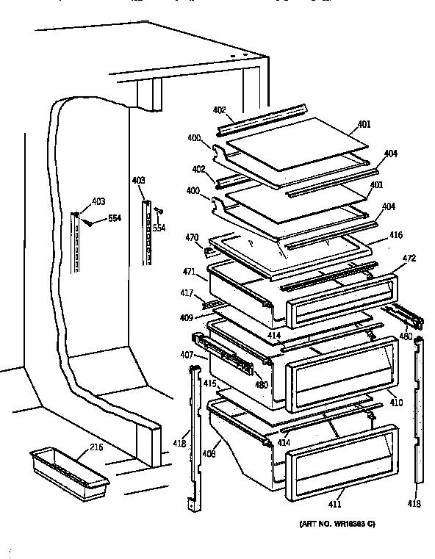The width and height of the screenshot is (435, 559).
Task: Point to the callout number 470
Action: pos(192,237)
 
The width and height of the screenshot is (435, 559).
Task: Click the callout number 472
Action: pos(409,259)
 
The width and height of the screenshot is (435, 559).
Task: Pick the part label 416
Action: pos(396,235)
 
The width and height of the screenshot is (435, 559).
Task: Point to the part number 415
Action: pos(209,383)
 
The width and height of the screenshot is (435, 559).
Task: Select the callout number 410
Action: pos(396,403)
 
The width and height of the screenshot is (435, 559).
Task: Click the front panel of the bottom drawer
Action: pos(337,456)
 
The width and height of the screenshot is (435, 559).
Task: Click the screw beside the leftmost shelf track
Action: pos(89,225)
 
